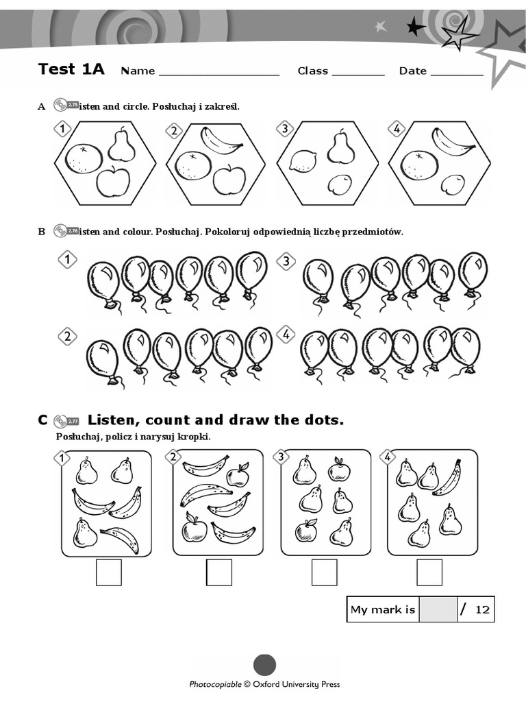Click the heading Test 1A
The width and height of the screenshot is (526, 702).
pyautogui.click(x=71, y=69)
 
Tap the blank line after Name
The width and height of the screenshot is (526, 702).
pyautogui.click(x=219, y=72)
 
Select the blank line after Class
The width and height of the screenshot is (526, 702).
pyautogui.click(x=358, y=72)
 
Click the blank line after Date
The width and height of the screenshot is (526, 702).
pyautogui.click(x=457, y=72)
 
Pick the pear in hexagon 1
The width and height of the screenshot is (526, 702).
pyautogui.click(x=122, y=145)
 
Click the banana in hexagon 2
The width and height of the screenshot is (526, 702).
pyautogui.click(x=221, y=140)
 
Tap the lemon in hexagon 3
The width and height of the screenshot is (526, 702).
pyautogui.click(x=301, y=160)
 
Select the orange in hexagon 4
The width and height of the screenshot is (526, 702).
pyautogui.click(x=419, y=165)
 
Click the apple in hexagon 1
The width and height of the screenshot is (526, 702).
pyautogui.click(x=113, y=182)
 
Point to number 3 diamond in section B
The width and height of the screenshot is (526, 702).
pyautogui.click(x=286, y=261)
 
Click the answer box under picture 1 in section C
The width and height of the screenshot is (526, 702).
pyautogui.click(x=108, y=572)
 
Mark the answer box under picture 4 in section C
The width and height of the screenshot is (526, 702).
pyautogui.click(x=429, y=572)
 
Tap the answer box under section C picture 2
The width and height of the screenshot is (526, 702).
pyautogui.click(x=219, y=572)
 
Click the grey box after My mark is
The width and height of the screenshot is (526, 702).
pyautogui.click(x=438, y=609)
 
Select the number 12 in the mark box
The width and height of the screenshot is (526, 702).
pyautogui.click(x=482, y=609)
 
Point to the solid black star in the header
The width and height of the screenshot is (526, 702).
pyautogui.click(x=415, y=27)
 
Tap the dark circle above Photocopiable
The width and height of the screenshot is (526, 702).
pyautogui.click(x=264, y=665)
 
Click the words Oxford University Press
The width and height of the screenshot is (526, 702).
pyautogui.click(x=297, y=684)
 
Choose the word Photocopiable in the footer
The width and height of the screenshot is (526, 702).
pyautogui.click(x=216, y=684)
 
